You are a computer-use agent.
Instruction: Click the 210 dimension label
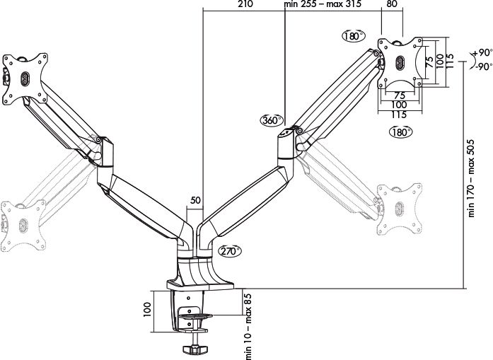pos(245,4)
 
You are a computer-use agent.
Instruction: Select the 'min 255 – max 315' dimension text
pos(323,4)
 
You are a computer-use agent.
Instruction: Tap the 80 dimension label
pos(392,4)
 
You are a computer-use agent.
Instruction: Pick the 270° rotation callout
pos(230,251)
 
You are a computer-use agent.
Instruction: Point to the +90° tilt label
pos(482,53)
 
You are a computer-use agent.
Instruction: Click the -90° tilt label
pos(484,66)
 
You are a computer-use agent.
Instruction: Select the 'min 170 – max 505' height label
pos(471,178)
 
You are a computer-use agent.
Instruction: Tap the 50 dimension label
pos(195,200)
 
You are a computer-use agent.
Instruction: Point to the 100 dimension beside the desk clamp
pos(147,310)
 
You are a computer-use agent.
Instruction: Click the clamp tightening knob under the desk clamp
pos(195,349)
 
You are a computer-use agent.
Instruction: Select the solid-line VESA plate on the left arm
pos(25,79)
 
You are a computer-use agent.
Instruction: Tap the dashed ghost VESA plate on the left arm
pos(23,224)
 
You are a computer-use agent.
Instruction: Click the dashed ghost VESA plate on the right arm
pos(400,209)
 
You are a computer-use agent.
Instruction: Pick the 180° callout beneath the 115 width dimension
pos(400,132)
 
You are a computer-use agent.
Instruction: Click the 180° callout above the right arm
pos(354,36)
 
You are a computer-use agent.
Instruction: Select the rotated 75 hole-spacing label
pos(429,61)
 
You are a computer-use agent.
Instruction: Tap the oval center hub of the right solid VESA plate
pos(400,62)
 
